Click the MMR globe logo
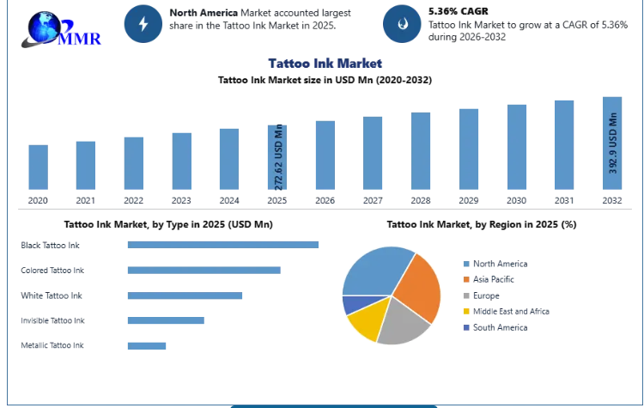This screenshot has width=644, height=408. [61, 29]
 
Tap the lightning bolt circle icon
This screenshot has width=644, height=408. [143, 24]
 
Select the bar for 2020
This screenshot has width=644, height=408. [38, 167]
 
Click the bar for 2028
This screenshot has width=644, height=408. [421, 151]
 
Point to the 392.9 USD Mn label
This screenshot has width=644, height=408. [613, 143]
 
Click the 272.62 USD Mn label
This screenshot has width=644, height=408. [278, 157]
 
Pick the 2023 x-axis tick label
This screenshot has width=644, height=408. [181, 200]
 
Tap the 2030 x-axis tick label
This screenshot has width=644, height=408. [516, 200]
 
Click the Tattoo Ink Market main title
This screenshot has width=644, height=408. [325, 64]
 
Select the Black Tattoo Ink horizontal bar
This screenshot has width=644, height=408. [223, 245]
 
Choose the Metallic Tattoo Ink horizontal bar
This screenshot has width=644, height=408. [147, 346]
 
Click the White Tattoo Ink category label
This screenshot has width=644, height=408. [52, 295]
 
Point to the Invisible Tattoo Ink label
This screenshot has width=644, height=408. [52, 320]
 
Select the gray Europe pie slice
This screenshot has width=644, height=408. [401, 323]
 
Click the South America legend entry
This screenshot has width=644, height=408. [495, 327]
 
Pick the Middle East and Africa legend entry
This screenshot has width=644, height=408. [506, 312]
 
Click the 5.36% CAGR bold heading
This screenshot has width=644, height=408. [459, 11]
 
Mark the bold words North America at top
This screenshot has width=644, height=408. [204, 13]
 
